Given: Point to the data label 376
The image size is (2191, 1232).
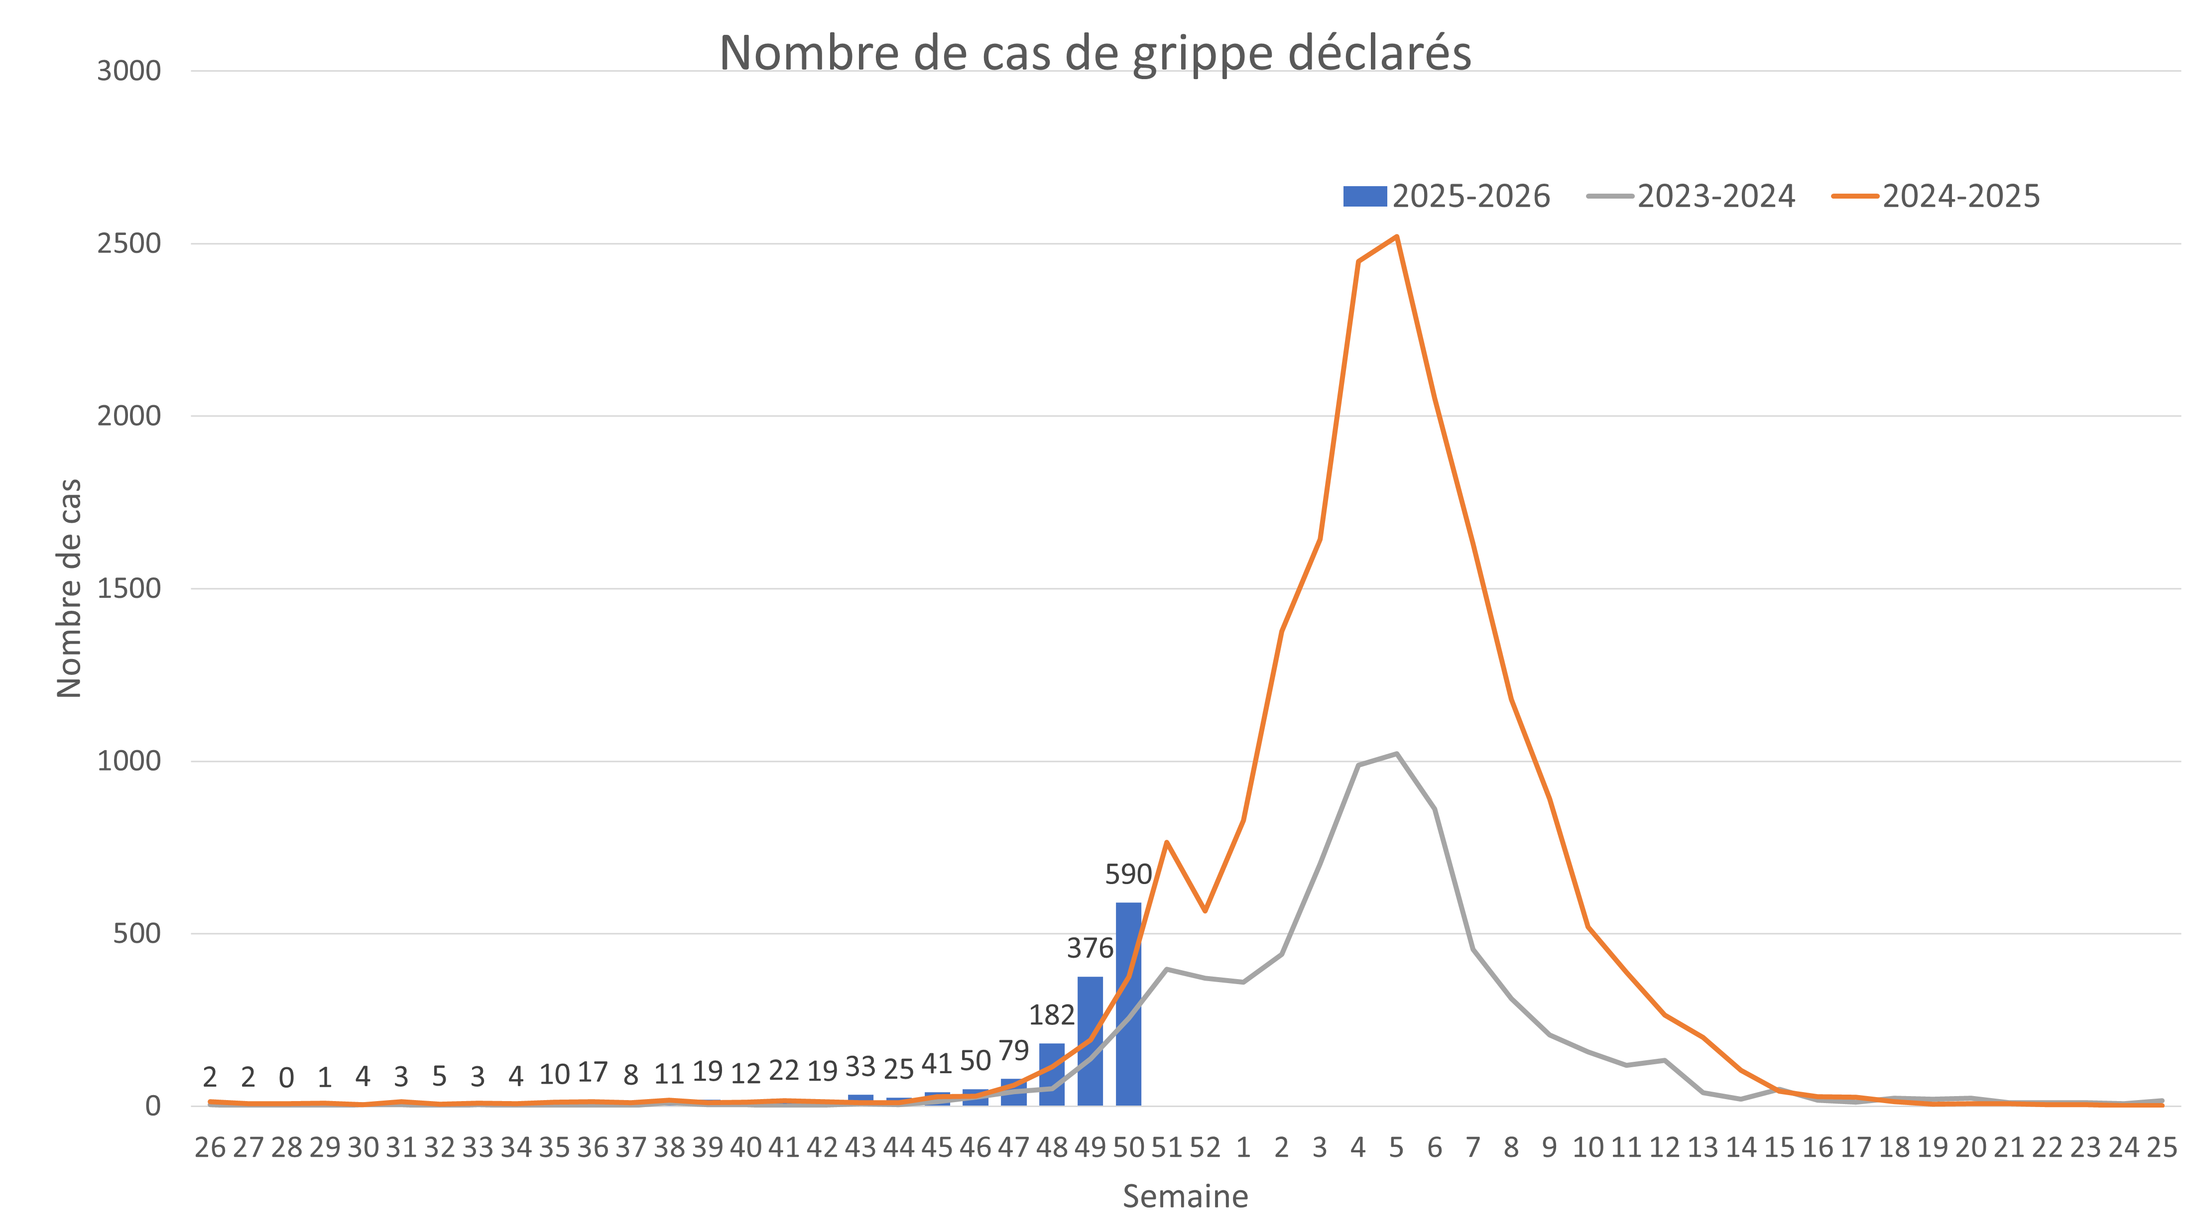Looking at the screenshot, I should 1090,948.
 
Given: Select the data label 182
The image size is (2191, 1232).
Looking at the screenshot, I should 1052,1014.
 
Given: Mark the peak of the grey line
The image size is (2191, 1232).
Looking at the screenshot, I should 1396,753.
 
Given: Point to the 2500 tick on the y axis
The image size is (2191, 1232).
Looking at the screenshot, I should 128,244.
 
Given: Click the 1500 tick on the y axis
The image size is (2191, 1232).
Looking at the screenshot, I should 128,588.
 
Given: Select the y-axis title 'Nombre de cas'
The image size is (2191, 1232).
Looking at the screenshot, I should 69,588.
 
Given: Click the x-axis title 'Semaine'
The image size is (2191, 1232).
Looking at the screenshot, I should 1185,1196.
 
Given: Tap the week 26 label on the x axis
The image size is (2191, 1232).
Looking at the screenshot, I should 210,1148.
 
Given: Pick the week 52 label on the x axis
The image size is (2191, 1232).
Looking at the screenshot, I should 1205,1148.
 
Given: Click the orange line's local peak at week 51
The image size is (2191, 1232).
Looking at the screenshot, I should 1166,842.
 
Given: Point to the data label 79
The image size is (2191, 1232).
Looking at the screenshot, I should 1013,1051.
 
